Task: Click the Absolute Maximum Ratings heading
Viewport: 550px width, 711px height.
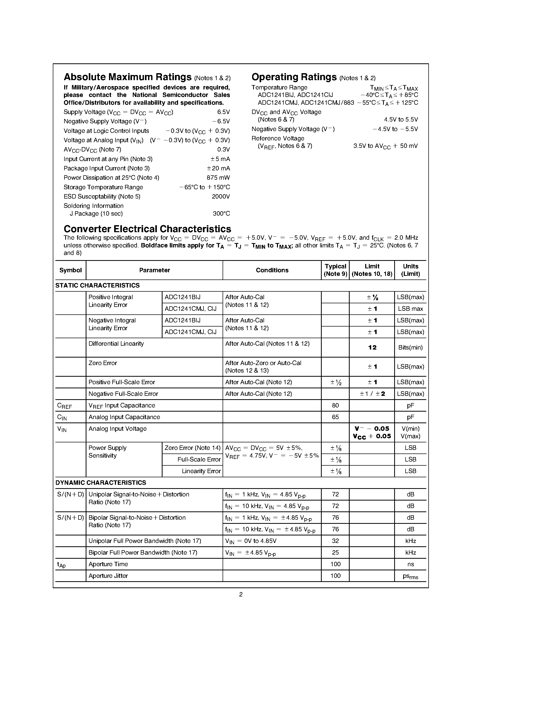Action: tap(127, 77)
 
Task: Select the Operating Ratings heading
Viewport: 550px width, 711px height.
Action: tap(294, 77)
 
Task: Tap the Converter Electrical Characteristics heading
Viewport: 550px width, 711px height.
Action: tap(147, 229)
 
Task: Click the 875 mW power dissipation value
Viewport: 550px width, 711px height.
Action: tap(218, 178)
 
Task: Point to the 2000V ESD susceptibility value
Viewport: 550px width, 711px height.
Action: tap(221, 197)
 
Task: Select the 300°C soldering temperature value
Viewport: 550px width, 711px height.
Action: tap(221, 214)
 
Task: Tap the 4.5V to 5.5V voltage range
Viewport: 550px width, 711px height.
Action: tap(400, 120)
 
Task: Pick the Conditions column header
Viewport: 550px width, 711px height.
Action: tap(272, 270)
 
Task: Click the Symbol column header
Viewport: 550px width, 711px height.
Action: tap(70, 270)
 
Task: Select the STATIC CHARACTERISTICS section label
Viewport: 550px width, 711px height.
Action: tap(97, 285)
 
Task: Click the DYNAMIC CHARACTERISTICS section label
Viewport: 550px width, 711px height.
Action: tap(101, 483)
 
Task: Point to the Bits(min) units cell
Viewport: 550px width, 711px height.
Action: tap(410, 348)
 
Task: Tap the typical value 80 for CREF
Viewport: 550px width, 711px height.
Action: tap(335, 406)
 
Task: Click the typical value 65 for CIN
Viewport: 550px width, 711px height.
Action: tap(335, 417)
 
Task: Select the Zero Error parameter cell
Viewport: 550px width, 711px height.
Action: tap(103, 363)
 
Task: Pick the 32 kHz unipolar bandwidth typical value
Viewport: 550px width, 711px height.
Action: tap(335, 541)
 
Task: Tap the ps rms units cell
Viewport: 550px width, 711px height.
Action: tap(410, 576)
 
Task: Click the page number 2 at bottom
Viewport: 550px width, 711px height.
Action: tap(241, 594)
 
